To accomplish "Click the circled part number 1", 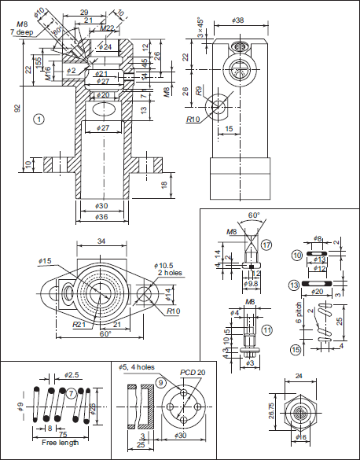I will click(x=39, y=119).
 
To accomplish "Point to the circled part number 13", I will click(x=294, y=284).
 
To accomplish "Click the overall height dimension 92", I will click(x=17, y=109).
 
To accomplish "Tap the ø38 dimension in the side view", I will click(x=238, y=20).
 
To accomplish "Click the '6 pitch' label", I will click(x=299, y=318).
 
